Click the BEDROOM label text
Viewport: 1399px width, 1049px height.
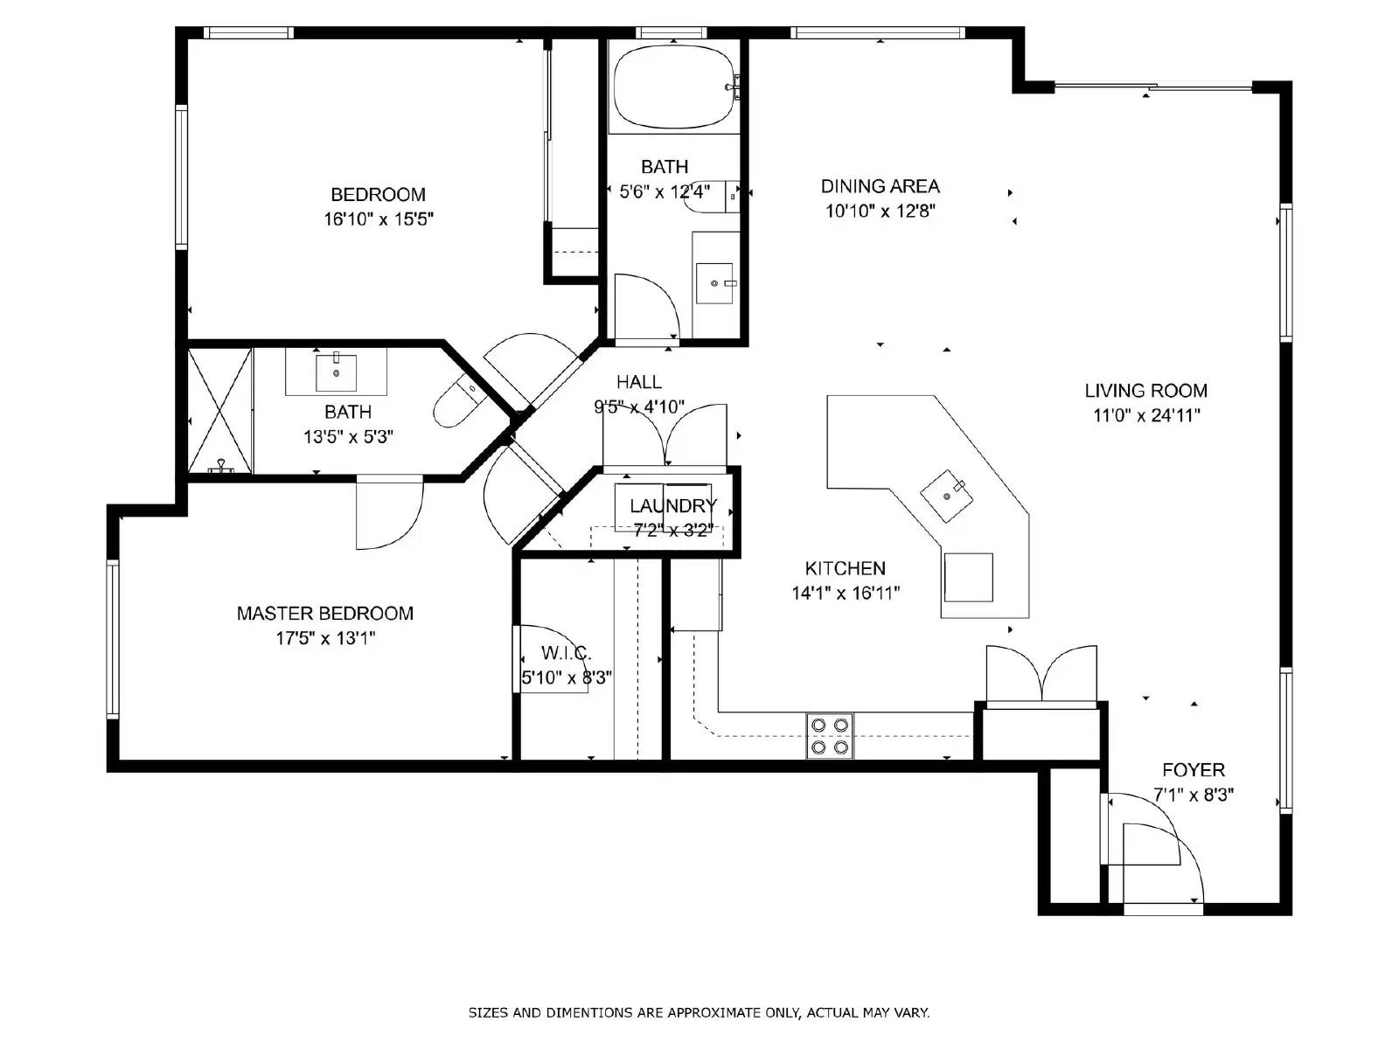pyautogui.click(x=378, y=194)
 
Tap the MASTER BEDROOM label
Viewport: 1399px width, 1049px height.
pyautogui.click(x=324, y=613)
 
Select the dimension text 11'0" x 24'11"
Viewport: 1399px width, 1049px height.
pyautogui.click(x=1145, y=415)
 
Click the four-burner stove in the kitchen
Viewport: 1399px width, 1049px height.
pyautogui.click(x=829, y=735)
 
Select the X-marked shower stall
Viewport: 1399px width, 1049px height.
pyautogui.click(x=219, y=411)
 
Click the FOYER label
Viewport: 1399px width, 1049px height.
pyautogui.click(x=1193, y=769)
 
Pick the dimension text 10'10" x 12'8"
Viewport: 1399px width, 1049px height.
pyautogui.click(x=880, y=211)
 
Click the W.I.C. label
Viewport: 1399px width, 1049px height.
pyautogui.click(x=566, y=652)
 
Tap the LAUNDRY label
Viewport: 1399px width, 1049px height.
pyautogui.click(x=672, y=505)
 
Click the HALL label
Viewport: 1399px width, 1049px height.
pyautogui.click(x=638, y=381)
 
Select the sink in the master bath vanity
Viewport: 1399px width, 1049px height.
pyautogui.click(x=336, y=372)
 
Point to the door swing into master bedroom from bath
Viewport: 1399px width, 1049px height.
pyautogui.click(x=389, y=516)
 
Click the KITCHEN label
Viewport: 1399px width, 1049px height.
pyautogui.click(x=845, y=568)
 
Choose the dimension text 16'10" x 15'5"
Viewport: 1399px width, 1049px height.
pyautogui.click(x=378, y=219)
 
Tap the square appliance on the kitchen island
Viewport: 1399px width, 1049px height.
pyautogui.click(x=968, y=577)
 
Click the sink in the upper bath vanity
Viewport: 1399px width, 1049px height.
pyautogui.click(x=714, y=282)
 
